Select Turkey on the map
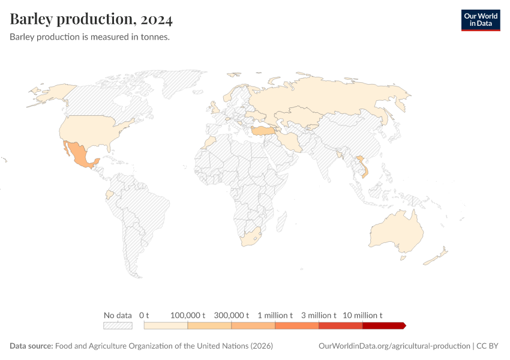click(262, 130)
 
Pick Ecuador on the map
click(109, 195)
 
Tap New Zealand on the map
click(436, 257)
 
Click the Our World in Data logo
click(480, 20)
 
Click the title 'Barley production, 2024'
click(91, 20)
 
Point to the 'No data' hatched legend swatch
click(118, 325)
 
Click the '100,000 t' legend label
click(188, 315)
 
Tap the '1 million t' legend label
click(275, 315)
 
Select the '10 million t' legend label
click(362, 315)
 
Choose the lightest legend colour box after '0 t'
click(166, 325)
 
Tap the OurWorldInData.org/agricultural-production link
click(393, 346)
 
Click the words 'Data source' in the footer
click(31, 346)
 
